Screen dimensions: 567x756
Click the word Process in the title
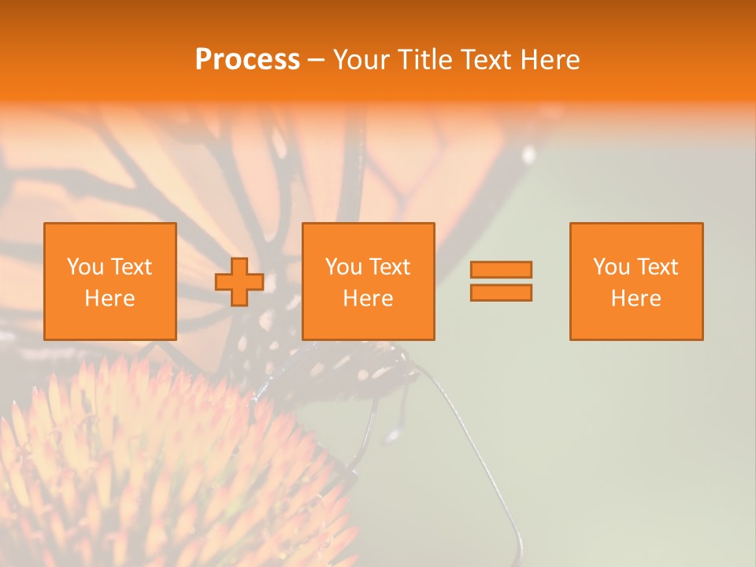pyautogui.click(x=247, y=60)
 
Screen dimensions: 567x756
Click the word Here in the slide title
pyautogui.click(x=550, y=60)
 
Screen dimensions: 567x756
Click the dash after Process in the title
pyautogui.click(x=316, y=61)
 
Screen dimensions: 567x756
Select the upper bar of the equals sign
pyautogui.click(x=501, y=270)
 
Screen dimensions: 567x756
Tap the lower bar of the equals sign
pyautogui.click(x=501, y=292)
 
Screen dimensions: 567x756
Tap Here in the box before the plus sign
pyautogui.click(x=109, y=298)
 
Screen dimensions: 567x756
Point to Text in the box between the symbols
pyautogui.click(x=388, y=267)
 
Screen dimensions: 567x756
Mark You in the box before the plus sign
pyautogui.click(x=85, y=267)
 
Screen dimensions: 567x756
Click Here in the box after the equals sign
pyautogui.click(x=636, y=298)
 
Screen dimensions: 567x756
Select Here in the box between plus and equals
pyautogui.click(x=368, y=298)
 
